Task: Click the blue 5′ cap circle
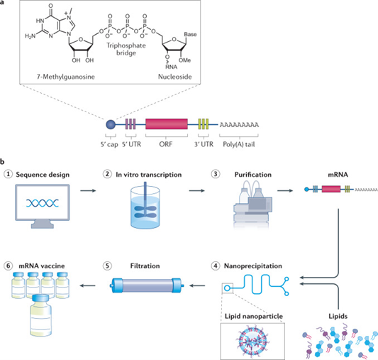tap(111, 124)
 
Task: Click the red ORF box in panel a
tap(167, 124)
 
